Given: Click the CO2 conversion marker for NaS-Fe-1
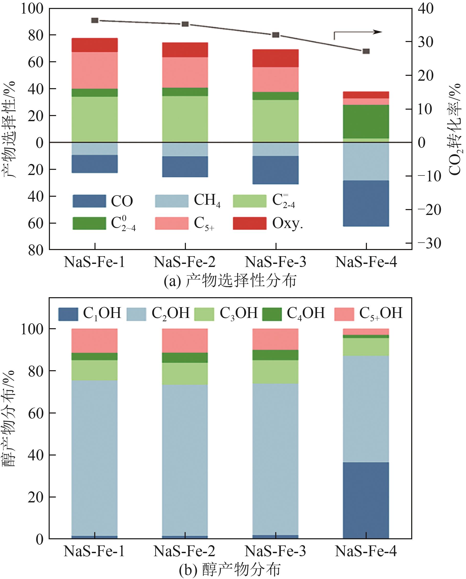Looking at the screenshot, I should click(x=95, y=20).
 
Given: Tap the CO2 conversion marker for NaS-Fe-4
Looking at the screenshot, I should click(x=366, y=51).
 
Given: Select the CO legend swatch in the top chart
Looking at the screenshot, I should click(x=89, y=201).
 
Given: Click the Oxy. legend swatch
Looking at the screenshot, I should click(x=250, y=223).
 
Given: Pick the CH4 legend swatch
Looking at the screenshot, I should click(x=172, y=201).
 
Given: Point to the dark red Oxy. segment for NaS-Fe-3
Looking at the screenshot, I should click(x=276, y=58).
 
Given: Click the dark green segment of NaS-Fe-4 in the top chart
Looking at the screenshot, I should click(x=366, y=122).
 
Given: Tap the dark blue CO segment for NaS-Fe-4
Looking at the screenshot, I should click(x=366, y=203).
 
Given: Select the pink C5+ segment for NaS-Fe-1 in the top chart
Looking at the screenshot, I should click(x=95, y=70).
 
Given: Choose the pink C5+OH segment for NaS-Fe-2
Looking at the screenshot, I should click(x=185, y=341).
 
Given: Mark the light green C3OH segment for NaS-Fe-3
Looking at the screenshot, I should click(x=276, y=372).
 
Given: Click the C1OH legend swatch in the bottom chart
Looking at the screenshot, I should click(x=68, y=314).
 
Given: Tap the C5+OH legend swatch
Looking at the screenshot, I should click(x=344, y=314).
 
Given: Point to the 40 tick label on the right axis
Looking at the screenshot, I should click(x=426, y=9).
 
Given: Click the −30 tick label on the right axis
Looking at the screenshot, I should click(x=429, y=244).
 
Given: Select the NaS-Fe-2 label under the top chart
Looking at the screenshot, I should click(x=185, y=262).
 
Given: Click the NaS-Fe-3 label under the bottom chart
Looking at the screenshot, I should click(x=276, y=551).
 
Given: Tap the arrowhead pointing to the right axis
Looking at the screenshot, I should click(x=378, y=32).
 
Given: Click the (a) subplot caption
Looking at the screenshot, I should click(x=230, y=281).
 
